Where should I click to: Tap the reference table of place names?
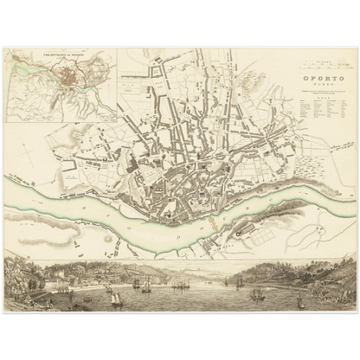[315, 112]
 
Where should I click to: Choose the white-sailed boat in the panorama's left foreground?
[115, 299]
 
